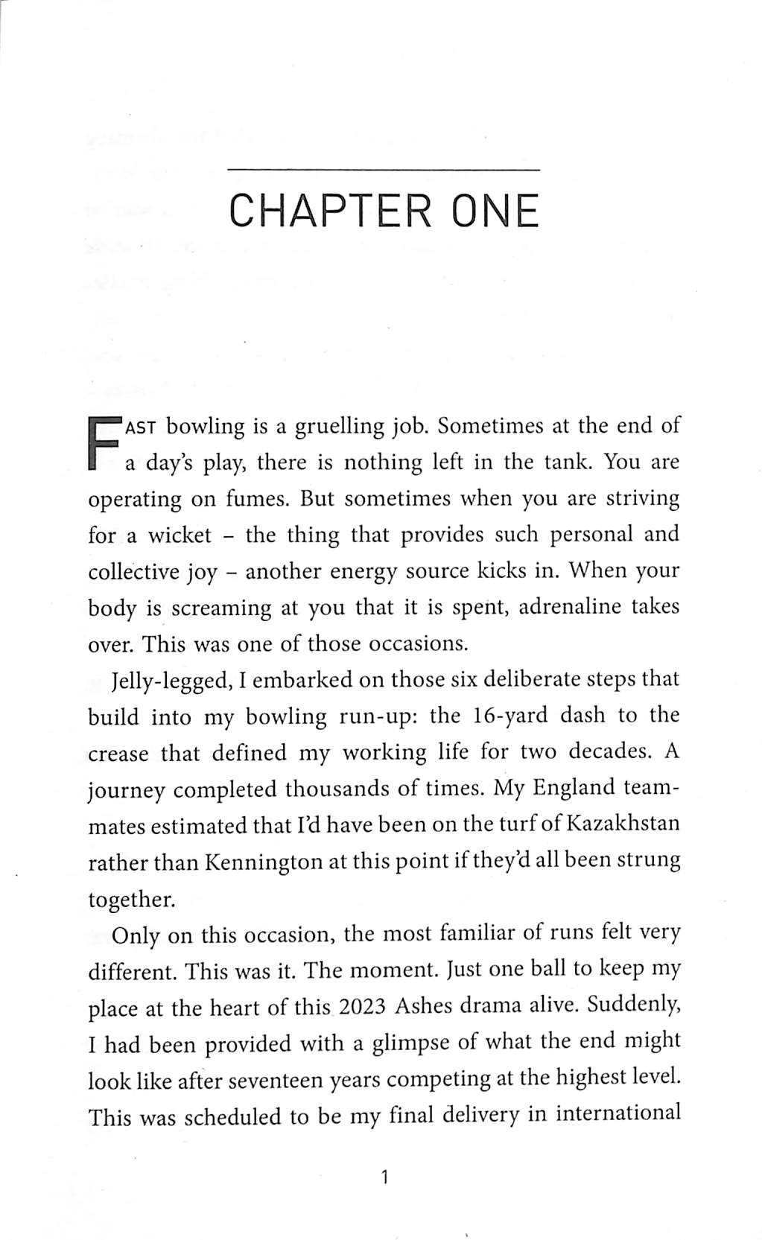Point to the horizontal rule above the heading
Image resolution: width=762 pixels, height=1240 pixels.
click(x=383, y=170)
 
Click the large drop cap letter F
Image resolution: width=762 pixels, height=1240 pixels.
click(x=104, y=445)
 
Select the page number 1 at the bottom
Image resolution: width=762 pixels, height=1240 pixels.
click(x=384, y=1177)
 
